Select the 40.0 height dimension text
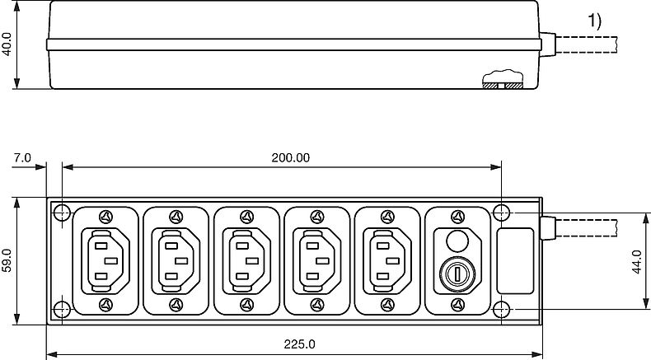(7, 44)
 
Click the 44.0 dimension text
(635, 261)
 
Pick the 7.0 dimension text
(22, 157)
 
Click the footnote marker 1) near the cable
(594, 22)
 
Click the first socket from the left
(105, 261)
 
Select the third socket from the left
(245, 261)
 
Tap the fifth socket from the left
(386, 261)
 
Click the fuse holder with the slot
(456, 271)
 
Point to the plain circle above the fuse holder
(456, 240)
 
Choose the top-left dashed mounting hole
(62, 213)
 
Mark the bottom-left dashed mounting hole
(62, 309)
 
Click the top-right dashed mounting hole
(503, 213)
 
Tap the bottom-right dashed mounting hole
(503, 309)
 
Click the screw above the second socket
(175, 217)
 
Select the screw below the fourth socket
(316, 305)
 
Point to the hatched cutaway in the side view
(502, 83)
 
